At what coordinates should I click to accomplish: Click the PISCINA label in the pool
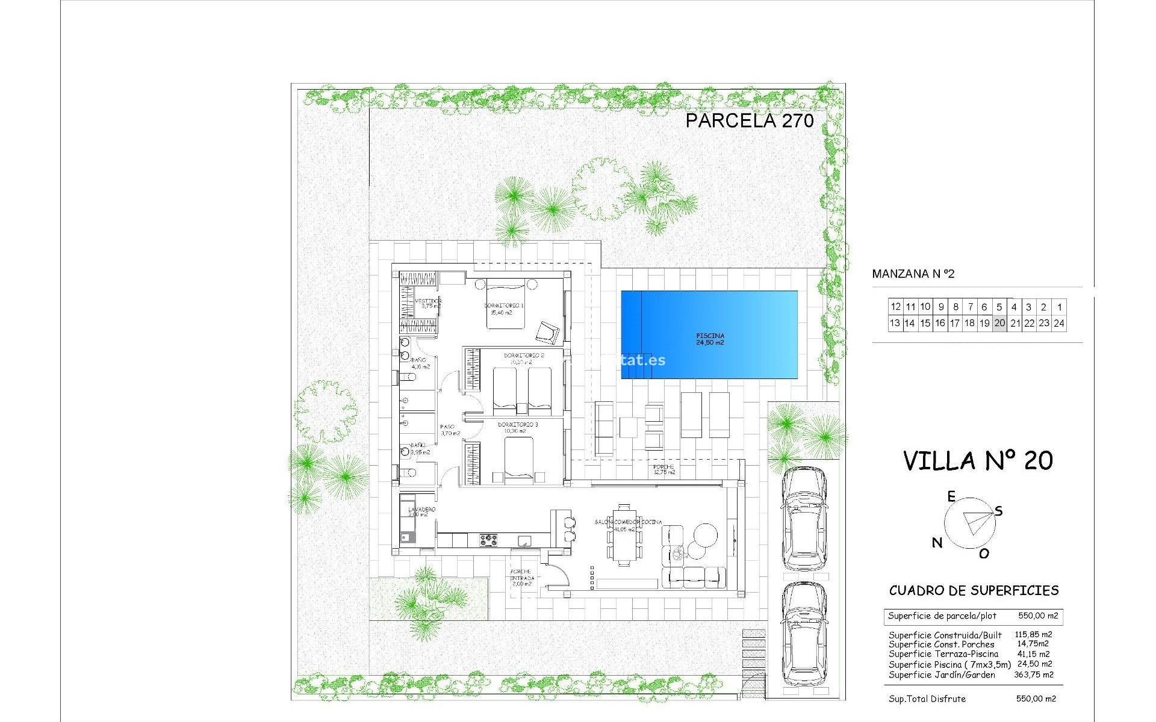(x=710, y=336)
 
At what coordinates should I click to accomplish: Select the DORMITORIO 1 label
(x=504, y=306)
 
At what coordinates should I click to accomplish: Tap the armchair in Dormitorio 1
(x=548, y=332)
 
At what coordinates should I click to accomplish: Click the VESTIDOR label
(x=427, y=301)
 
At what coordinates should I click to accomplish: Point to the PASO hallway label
(x=447, y=427)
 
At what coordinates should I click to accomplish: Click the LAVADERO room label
(x=421, y=510)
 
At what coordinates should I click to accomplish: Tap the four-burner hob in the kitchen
(x=488, y=540)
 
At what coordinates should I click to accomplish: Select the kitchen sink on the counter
(x=524, y=541)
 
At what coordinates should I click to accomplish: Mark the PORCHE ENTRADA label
(x=521, y=575)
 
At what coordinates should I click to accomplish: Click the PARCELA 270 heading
(x=750, y=120)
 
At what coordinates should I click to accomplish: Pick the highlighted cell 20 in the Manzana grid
(x=999, y=323)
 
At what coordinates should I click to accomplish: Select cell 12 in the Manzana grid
(x=895, y=307)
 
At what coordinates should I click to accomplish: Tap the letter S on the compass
(x=998, y=511)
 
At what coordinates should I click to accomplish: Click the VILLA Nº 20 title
(x=978, y=461)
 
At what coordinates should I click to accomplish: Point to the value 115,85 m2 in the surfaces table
(x=1033, y=634)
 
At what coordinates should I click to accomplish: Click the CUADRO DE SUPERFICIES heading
(x=974, y=590)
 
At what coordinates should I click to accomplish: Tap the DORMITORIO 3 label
(x=518, y=425)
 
